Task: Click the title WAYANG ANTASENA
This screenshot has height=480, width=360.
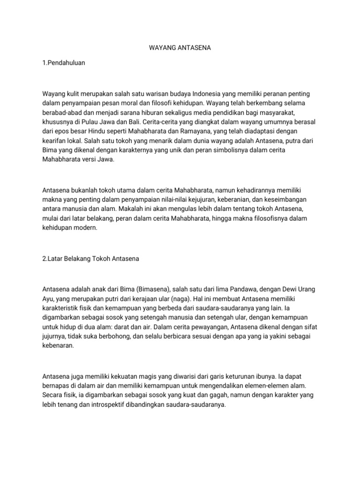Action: [x=180, y=48]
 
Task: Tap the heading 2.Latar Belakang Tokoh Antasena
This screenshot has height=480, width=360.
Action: [x=91, y=258]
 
